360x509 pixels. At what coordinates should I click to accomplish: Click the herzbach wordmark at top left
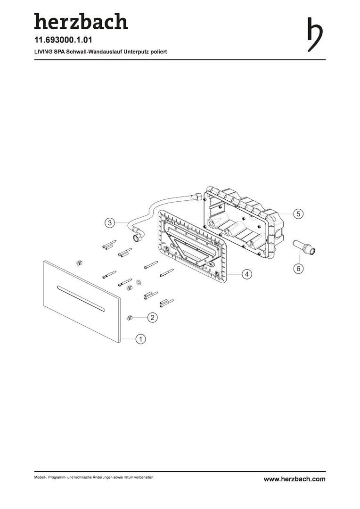pos(81,21)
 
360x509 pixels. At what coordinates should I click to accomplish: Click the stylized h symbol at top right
pos(315,34)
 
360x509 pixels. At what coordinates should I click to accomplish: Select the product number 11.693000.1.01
pos(63,40)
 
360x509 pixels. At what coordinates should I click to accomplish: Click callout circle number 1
pos(140,339)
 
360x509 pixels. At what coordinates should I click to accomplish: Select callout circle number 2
pos(152,318)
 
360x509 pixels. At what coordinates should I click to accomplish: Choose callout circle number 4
pos(247,274)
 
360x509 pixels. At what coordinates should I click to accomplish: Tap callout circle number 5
pos(298,214)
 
